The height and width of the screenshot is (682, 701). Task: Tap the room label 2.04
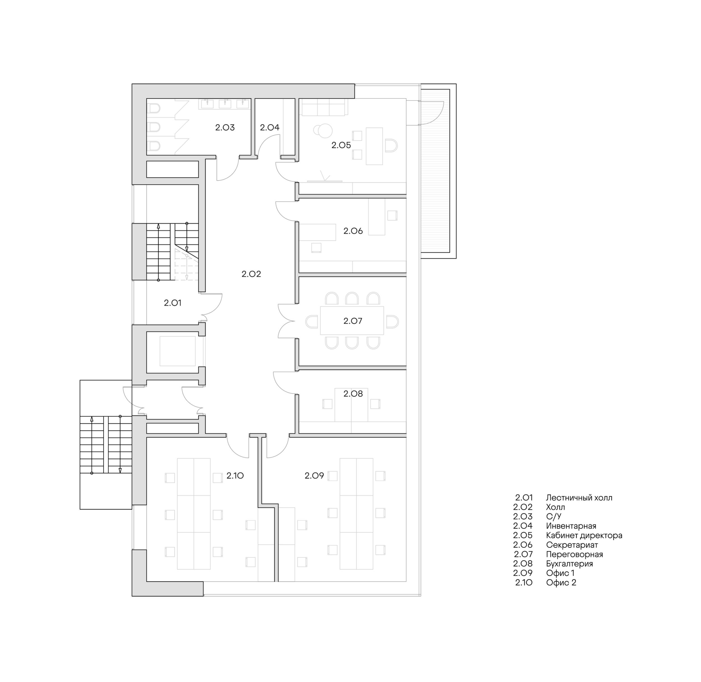269,127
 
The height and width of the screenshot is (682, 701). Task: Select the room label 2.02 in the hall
251,274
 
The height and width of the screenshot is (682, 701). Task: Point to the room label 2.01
172,303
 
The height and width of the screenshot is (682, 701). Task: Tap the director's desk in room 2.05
374,146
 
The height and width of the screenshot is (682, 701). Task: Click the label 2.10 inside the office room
235,476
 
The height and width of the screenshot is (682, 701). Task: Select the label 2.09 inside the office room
314,476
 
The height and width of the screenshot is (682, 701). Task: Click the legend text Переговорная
575,555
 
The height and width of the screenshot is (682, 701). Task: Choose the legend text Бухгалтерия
569,564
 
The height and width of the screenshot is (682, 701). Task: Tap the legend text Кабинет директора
584,535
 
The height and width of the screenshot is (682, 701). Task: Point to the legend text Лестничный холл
579,498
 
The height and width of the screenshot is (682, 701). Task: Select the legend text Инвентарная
571,526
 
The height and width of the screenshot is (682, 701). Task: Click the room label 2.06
353,231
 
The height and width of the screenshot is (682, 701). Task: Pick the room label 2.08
353,394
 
